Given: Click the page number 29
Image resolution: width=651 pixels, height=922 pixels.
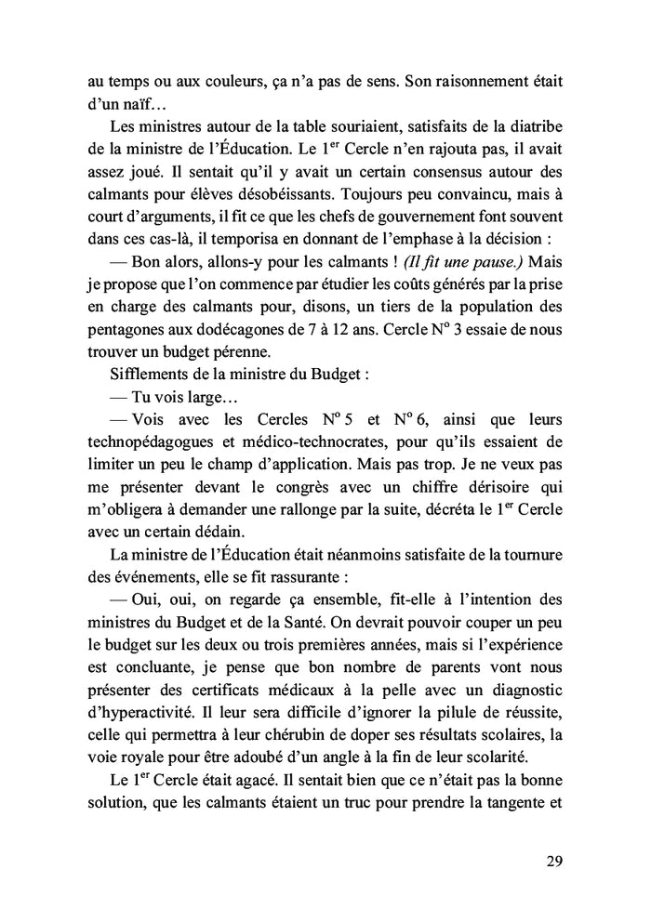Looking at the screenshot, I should (553, 860).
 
